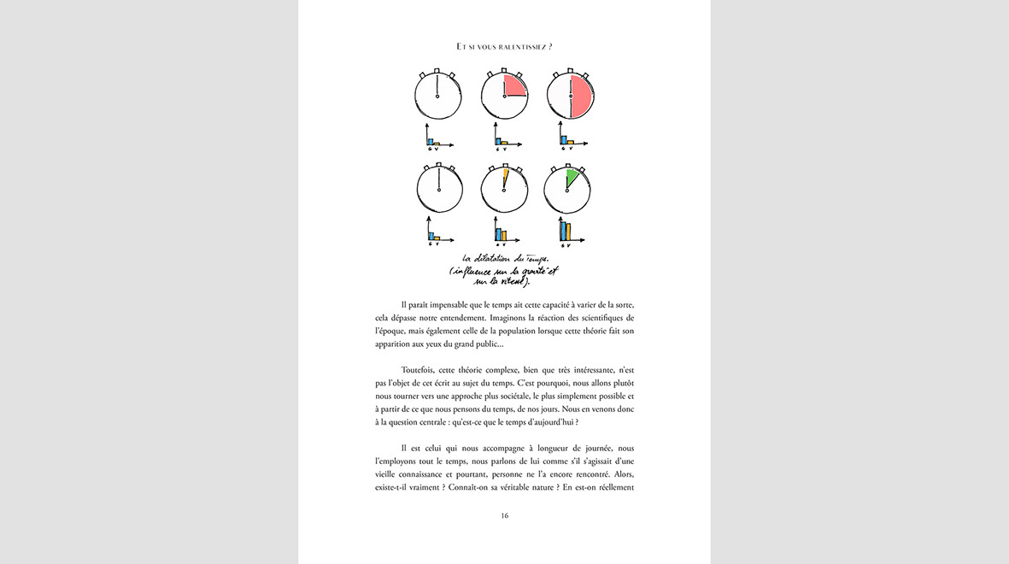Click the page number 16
[x=504, y=515]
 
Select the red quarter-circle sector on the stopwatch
[x=514, y=85]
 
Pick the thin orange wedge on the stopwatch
[x=505, y=178]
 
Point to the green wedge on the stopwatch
[x=571, y=178]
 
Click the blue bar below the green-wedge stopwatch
[x=562, y=231]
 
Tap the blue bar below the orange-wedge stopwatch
[x=497, y=232]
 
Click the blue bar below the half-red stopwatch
[x=563, y=139]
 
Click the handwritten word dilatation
[x=496, y=258]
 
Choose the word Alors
[x=619, y=474]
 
